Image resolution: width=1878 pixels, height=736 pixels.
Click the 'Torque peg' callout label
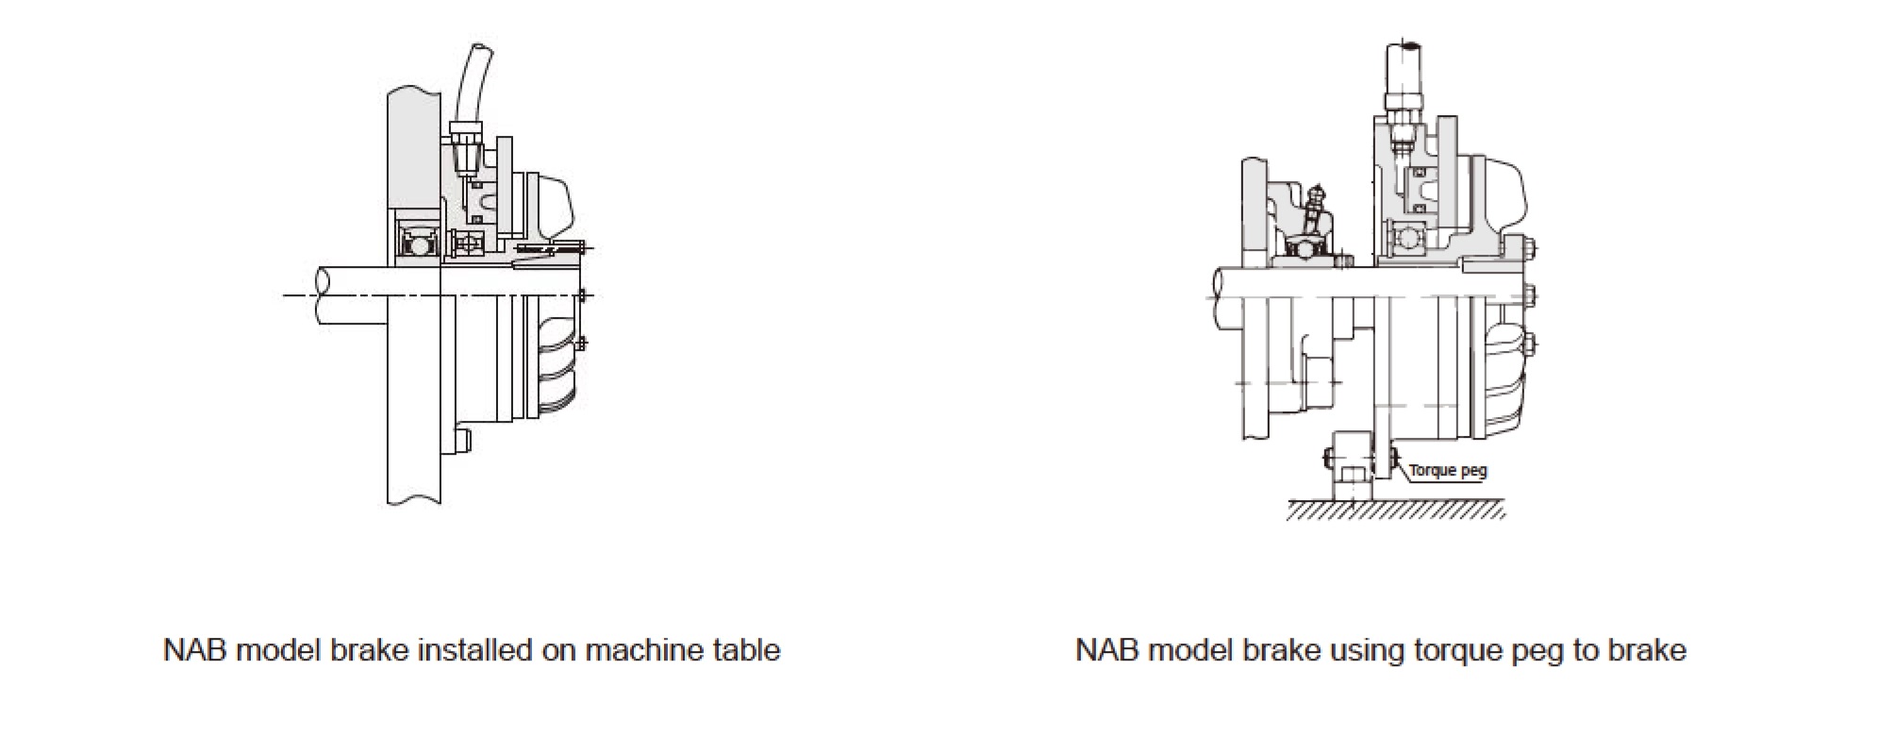coord(1448,470)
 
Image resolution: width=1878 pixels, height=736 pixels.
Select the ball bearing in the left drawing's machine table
coord(416,244)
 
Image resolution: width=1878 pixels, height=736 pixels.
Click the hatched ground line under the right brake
coord(1396,510)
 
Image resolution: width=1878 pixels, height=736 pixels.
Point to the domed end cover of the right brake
coord(1504,198)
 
